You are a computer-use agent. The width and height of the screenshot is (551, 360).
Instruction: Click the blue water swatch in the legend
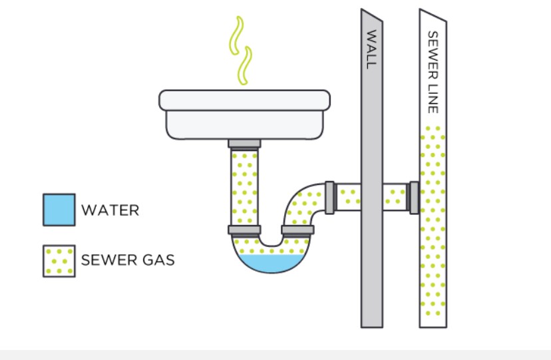59,210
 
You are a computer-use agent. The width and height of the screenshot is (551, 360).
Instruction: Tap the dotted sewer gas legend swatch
59,261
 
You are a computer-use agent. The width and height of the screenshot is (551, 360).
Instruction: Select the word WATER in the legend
110,210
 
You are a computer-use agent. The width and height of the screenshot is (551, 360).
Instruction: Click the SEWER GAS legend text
128,260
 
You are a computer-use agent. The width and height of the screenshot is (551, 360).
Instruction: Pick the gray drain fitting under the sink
244,143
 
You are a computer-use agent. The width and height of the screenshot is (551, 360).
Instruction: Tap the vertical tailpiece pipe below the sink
244,186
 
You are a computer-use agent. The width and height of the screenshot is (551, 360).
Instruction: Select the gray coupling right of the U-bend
297,230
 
